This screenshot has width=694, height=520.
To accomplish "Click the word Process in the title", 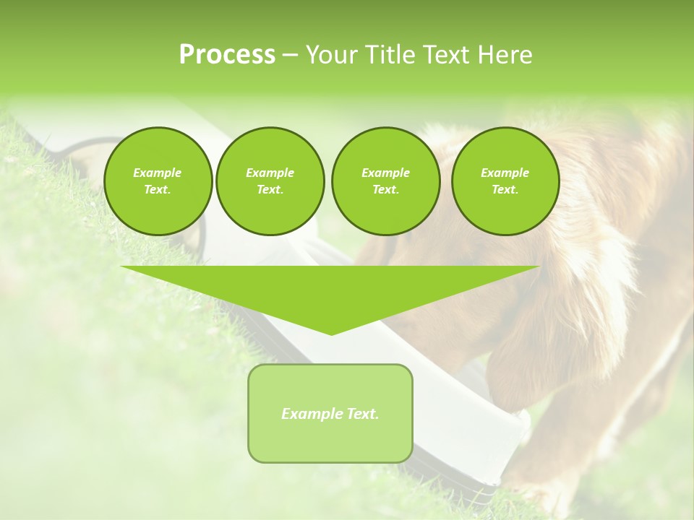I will [227, 55].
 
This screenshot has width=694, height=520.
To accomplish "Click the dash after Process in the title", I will [290, 56].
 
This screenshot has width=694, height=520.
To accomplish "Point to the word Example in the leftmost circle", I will [158, 173].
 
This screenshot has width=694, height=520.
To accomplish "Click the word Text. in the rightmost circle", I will [505, 190].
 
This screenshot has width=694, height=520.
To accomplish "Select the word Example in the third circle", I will [385, 173].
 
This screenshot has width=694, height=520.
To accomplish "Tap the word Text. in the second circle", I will [270, 190].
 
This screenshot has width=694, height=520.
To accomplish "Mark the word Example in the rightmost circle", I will [505, 173].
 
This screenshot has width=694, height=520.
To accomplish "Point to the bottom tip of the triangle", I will [331, 333].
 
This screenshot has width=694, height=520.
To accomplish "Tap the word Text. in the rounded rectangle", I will [362, 414].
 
